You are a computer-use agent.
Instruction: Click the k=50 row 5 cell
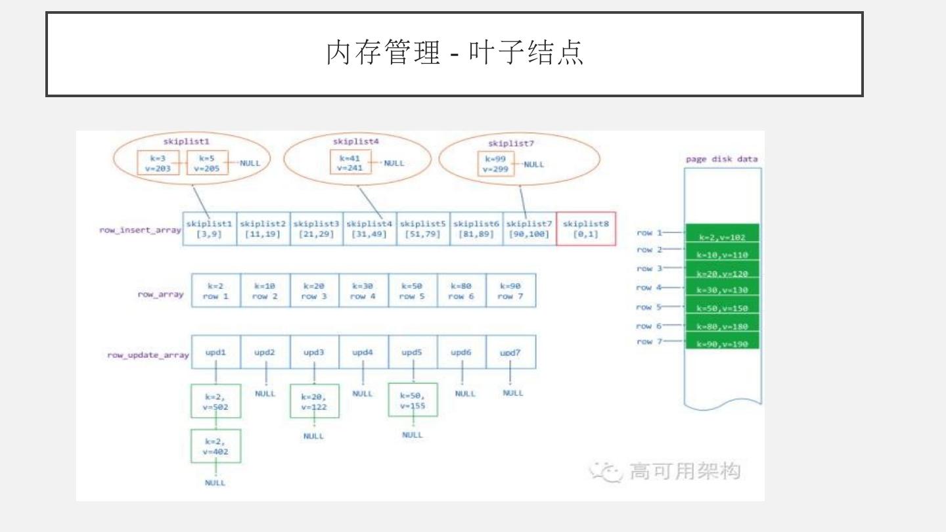(412, 291)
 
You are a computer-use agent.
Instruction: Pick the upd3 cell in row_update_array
(314, 353)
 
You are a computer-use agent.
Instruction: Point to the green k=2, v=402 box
(215, 447)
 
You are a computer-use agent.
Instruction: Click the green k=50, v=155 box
(413, 401)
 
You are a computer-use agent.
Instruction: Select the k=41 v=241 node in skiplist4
(350, 163)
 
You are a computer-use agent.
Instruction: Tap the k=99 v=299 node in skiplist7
(496, 164)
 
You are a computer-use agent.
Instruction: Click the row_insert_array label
(140, 231)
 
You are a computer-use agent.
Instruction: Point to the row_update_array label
(148, 355)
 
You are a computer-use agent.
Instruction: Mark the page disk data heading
(721, 159)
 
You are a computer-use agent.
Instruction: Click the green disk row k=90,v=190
(722, 344)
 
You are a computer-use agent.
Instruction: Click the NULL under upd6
(464, 393)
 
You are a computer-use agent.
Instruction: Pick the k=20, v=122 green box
(314, 401)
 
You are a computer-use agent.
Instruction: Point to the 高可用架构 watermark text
(685, 471)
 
